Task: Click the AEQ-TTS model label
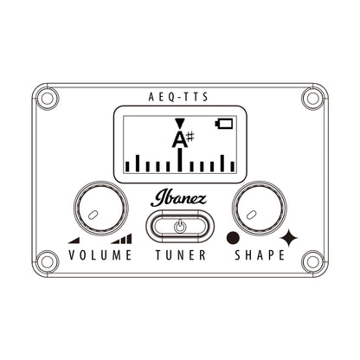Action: click(178, 97)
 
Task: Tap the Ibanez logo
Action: click(178, 198)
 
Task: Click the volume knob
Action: click(101, 208)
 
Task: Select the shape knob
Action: click(260, 208)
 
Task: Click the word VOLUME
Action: click(100, 255)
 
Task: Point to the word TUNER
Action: click(181, 255)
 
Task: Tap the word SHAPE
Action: click(260, 255)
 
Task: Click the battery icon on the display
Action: click(224, 124)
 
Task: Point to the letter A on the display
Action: click(179, 139)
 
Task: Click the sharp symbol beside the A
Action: click(190, 137)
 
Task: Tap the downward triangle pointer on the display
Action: click(179, 124)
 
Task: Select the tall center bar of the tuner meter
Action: click(180, 160)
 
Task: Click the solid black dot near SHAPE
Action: click(233, 238)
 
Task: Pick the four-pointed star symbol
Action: click(289, 238)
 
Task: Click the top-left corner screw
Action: click(48, 99)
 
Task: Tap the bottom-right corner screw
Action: click(312, 262)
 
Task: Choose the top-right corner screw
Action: click(312, 99)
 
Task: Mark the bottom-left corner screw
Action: click(48, 262)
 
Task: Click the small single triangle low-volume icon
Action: click(75, 241)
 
